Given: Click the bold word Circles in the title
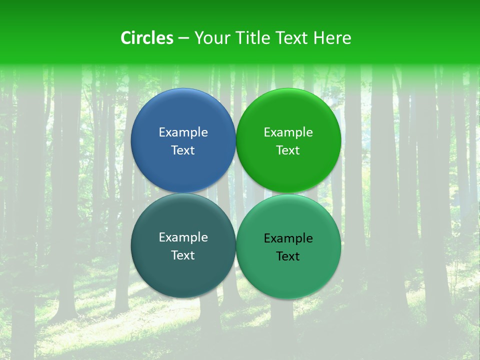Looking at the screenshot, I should [147, 38].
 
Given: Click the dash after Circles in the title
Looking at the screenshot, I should [183, 38].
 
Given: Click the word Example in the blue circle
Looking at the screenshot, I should [183, 132].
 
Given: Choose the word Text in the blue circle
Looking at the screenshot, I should [183, 150].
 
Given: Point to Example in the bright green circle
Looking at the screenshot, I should [288, 132].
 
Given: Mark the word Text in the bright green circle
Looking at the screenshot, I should [288, 150].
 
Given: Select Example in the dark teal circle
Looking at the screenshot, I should [183, 237].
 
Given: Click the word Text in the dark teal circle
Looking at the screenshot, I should [183, 255].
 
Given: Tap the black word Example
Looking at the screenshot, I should [288, 238].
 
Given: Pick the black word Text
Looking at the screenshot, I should [288, 256].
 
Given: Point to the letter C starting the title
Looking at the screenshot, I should [126, 38].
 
